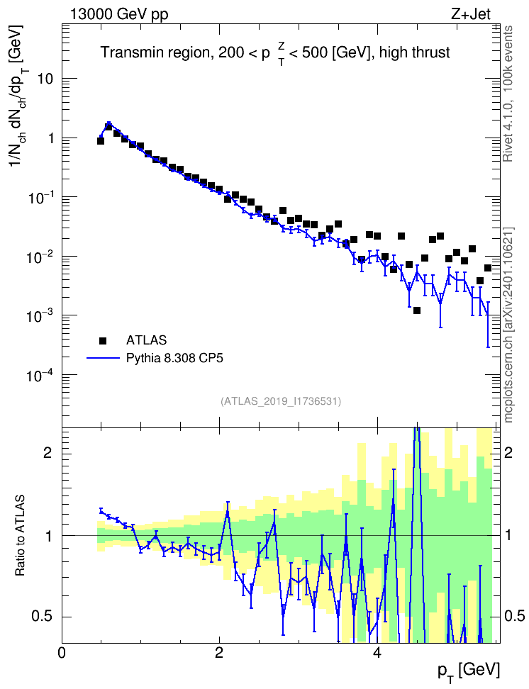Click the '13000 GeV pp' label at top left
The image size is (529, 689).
click(x=118, y=14)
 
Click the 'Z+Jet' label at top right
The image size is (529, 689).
click(x=471, y=14)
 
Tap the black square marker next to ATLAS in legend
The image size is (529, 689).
click(x=103, y=340)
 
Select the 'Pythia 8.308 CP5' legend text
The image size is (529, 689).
click(x=174, y=358)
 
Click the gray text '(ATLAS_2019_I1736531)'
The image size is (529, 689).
click(x=281, y=401)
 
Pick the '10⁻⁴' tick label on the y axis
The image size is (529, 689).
click(x=39, y=376)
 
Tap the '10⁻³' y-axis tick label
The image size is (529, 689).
click(x=39, y=316)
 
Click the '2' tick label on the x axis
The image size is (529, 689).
click(x=219, y=652)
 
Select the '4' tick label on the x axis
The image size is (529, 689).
click(x=377, y=652)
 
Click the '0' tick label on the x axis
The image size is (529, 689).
click(x=62, y=652)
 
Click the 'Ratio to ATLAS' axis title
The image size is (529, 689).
click(x=20, y=536)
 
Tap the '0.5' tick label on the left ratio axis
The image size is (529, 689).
click(x=43, y=617)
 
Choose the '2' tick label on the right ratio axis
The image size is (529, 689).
click(x=508, y=453)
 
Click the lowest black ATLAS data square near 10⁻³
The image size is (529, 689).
click(x=417, y=310)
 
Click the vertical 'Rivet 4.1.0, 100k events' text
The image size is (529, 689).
click(x=508, y=94)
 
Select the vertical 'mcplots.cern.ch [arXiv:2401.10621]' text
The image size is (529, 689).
click(x=508, y=325)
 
